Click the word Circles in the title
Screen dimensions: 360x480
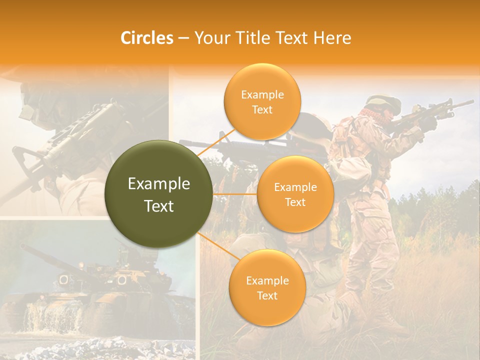click(x=146, y=38)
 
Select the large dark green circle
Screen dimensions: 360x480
click(x=158, y=194)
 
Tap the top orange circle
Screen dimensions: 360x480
click(x=262, y=101)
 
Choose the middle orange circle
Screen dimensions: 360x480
click(x=295, y=194)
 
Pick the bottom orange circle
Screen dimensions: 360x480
click(x=267, y=287)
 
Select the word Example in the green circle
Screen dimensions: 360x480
click(x=158, y=184)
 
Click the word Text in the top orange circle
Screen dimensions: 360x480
click(x=262, y=109)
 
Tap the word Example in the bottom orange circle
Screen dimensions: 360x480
click(x=267, y=280)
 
